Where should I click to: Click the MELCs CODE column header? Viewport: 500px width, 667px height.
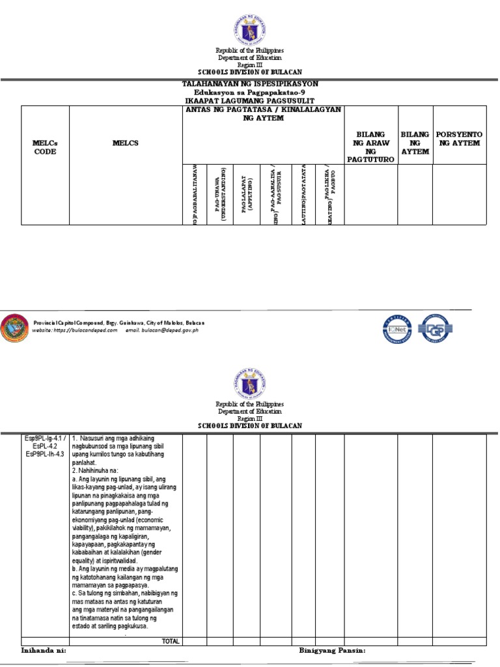(45, 147)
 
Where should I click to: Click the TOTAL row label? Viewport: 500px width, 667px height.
(171, 641)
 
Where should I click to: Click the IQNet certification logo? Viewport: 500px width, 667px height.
(398, 329)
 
